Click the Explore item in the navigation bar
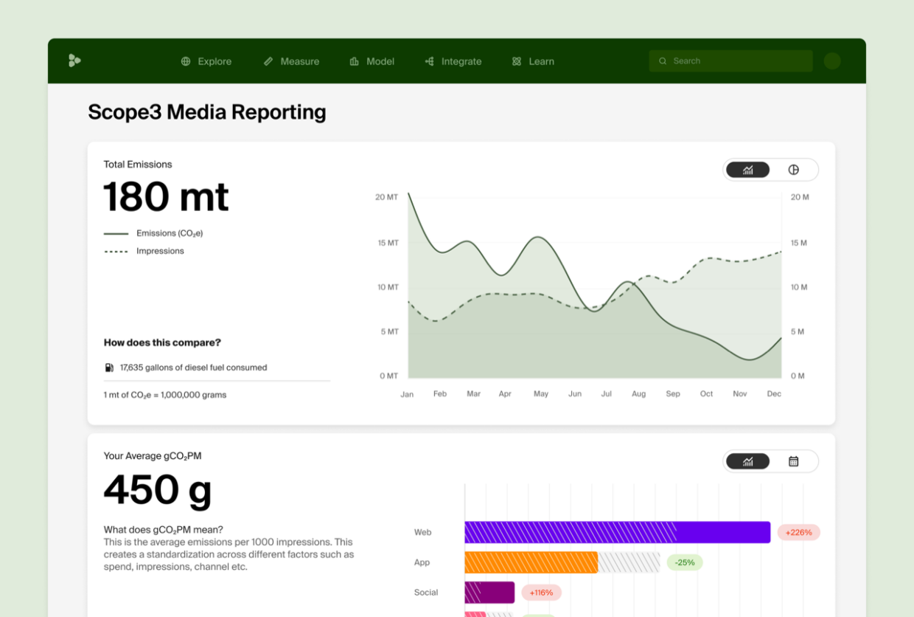206,61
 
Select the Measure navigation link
292,61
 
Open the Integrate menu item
453,61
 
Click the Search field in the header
730,61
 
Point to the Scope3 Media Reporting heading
207,112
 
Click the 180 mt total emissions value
166,197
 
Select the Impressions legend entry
160,251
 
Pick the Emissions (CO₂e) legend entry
169,233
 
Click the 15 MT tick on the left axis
388,243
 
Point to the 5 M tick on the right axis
798,331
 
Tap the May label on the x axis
541,394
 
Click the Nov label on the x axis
740,394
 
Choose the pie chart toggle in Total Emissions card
794,170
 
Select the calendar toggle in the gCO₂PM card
794,461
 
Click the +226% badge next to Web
798,532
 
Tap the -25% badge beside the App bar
685,562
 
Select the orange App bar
531,562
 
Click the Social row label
426,593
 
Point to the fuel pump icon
109,368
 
